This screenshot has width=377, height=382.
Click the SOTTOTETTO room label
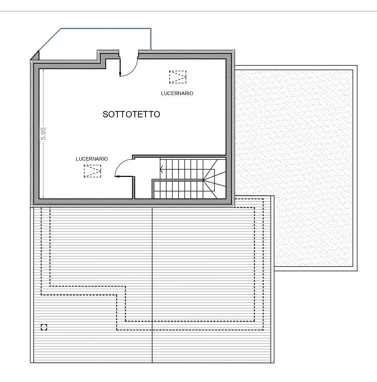click(x=131, y=114)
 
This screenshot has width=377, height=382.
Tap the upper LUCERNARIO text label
click(x=177, y=93)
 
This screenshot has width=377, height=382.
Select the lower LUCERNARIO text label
click(x=92, y=159)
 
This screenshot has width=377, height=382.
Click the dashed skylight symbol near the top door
click(x=178, y=77)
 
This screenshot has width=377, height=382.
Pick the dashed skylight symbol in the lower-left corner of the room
click(x=92, y=171)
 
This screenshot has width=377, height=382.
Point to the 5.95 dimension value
click(x=44, y=134)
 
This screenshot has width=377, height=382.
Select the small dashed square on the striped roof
click(x=44, y=327)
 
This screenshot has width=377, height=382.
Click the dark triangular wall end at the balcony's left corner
click(x=35, y=56)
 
